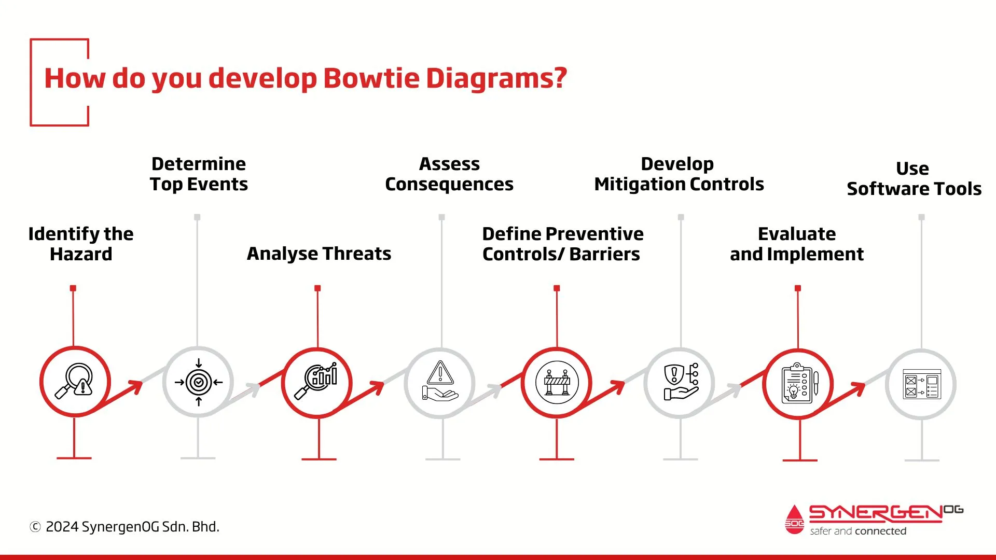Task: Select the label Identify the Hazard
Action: [x=81, y=244]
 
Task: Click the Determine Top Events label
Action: [x=199, y=174]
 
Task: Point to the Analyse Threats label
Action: [x=319, y=254]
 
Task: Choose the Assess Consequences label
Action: [x=449, y=174]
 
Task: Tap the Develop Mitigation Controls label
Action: [x=679, y=174]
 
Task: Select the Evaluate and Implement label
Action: [x=797, y=244]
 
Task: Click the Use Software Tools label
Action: [x=914, y=178]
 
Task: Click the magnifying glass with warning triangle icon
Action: [x=75, y=382]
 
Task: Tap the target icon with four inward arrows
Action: [x=198, y=383]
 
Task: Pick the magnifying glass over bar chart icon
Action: [x=317, y=382]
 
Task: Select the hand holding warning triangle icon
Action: [x=440, y=383]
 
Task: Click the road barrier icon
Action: [x=557, y=383]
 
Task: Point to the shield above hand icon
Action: [x=680, y=383]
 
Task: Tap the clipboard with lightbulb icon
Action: [x=799, y=384]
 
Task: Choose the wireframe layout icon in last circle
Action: [x=921, y=384]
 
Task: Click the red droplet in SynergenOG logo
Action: [x=794, y=520]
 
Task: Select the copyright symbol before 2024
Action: [x=35, y=527]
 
